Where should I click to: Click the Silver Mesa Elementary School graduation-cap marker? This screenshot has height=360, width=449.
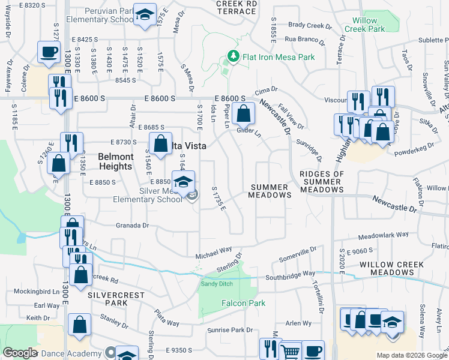183,181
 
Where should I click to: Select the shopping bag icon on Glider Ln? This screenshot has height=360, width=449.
243,112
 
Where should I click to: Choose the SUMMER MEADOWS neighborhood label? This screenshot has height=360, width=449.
270,191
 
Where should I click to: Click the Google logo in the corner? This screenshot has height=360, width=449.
20,352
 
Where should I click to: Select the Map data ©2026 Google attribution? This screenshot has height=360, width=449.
412,355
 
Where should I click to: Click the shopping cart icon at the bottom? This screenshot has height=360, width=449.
291,350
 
